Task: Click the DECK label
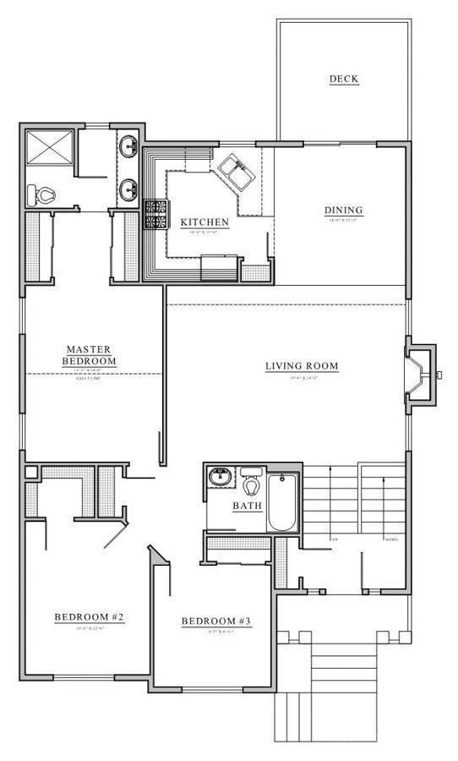click(x=344, y=79)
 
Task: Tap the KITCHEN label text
click(x=204, y=222)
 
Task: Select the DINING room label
click(x=343, y=211)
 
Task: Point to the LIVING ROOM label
click(x=302, y=366)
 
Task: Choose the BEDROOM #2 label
click(x=90, y=617)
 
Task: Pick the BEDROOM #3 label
click(x=217, y=622)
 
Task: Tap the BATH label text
click(x=248, y=506)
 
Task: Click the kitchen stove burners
click(x=156, y=214)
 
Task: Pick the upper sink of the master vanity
click(x=129, y=147)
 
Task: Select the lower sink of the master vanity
click(x=129, y=189)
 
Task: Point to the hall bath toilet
click(x=251, y=484)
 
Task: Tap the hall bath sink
click(x=221, y=478)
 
